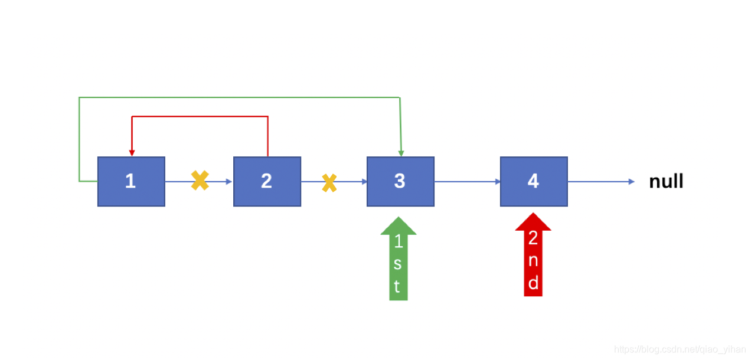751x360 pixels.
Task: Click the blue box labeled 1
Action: pyautogui.click(x=131, y=181)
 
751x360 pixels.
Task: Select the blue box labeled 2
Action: pyautogui.click(x=267, y=181)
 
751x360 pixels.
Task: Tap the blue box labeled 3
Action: pyautogui.click(x=400, y=181)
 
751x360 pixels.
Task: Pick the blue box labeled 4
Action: pyautogui.click(x=534, y=181)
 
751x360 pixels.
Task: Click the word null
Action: pyautogui.click(x=666, y=181)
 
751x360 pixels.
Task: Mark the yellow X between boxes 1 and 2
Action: pyautogui.click(x=200, y=181)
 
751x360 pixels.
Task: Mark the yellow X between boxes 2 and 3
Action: pyautogui.click(x=329, y=183)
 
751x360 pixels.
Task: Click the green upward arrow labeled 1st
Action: pyautogui.click(x=399, y=258)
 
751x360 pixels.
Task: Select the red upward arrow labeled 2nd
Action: pyautogui.click(x=533, y=254)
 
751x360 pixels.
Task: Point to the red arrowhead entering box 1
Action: pyautogui.click(x=132, y=153)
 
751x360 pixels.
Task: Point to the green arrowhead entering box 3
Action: pyautogui.click(x=401, y=153)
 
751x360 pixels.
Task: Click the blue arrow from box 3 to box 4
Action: pyautogui.click(x=468, y=182)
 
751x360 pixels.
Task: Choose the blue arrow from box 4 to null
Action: pyautogui.click(x=601, y=182)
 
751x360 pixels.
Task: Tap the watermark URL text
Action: pyautogui.click(x=680, y=349)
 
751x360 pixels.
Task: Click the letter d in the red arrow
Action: pyautogui.click(x=533, y=283)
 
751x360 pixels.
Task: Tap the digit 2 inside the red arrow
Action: pyautogui.click(x=533, y=238)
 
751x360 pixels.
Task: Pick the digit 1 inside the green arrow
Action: pyautogui.click(x=399, y=241)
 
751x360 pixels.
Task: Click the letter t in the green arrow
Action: pyautogui.click(x=397, y=287)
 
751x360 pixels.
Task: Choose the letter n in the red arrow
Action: pyautogui.click(x=533, y=261)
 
